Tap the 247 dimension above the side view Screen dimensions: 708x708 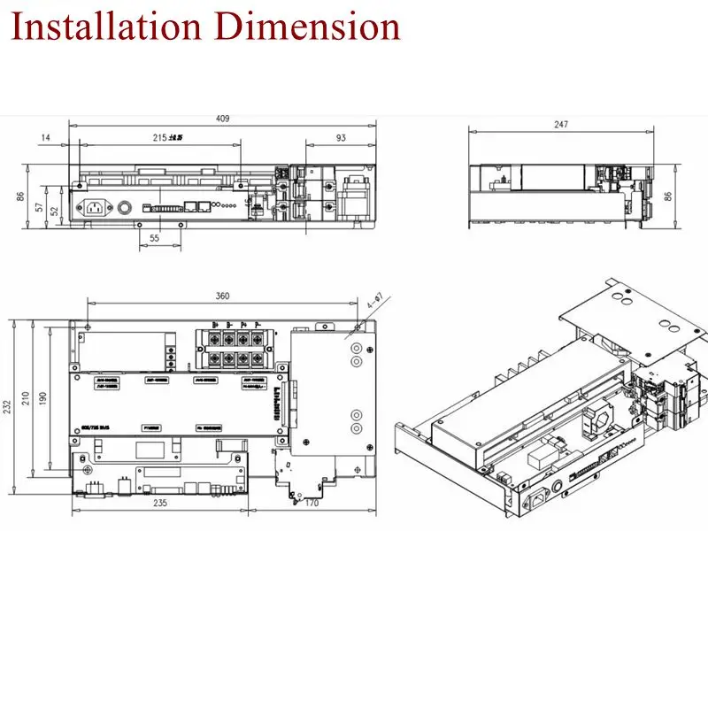(x=561, y=126)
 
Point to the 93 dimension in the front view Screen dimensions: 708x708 (x=341, y=138)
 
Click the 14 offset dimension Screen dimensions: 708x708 (x=45, y=138)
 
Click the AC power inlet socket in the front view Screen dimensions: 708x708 (x=96, y=209)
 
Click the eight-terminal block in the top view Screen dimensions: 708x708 (x=233, y=349)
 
